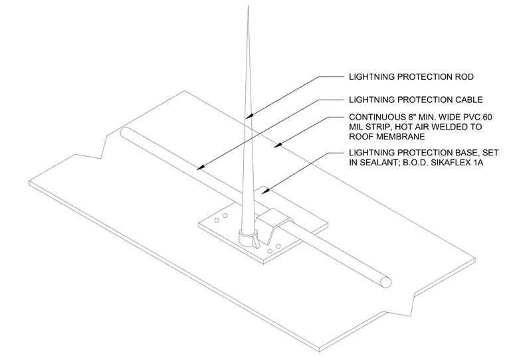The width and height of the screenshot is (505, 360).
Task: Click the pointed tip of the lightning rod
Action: [x=248, y=7]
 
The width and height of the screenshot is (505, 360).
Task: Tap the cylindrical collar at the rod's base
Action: [x=247, y=238]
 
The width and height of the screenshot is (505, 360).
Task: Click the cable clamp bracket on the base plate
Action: [x=274, y=224]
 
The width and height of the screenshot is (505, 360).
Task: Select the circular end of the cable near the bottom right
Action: [x=385, y=282]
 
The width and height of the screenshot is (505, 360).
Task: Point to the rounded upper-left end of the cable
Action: [x=125, y=132]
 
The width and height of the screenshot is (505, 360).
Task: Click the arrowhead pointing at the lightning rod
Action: [x=249, y=116]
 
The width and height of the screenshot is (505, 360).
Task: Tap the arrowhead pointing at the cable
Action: [x=200, y=168]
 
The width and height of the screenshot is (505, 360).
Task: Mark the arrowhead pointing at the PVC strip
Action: [x=277, y=146]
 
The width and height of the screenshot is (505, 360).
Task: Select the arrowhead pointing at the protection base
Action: [x=264, y=191]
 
